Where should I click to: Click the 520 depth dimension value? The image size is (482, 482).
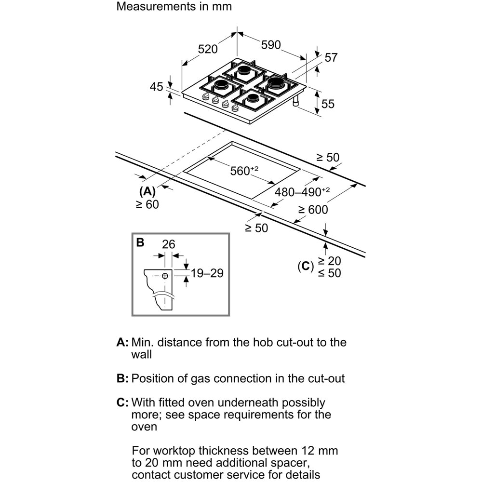[208, 49]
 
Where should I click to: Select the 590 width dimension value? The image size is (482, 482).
[270, 45]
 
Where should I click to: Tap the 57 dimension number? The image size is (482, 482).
[331, 57]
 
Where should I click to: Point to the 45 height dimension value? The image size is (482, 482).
[157, 87]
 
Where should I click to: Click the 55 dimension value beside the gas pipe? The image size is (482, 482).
[328, 104]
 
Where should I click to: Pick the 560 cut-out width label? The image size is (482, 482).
[244, 171]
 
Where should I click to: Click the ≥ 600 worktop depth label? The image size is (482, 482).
[312, 210]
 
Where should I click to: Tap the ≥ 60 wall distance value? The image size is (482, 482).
[147, 204]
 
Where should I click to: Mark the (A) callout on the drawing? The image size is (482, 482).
[147, 191]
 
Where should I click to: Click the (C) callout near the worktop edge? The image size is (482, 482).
[305, 266]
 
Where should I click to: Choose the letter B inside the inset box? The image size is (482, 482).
[140, 242]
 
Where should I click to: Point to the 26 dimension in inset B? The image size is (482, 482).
[168, 244]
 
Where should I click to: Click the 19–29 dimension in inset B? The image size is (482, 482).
[207, 273]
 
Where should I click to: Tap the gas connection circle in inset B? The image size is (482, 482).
[165, 276]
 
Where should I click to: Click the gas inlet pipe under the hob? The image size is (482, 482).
[296, 101]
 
